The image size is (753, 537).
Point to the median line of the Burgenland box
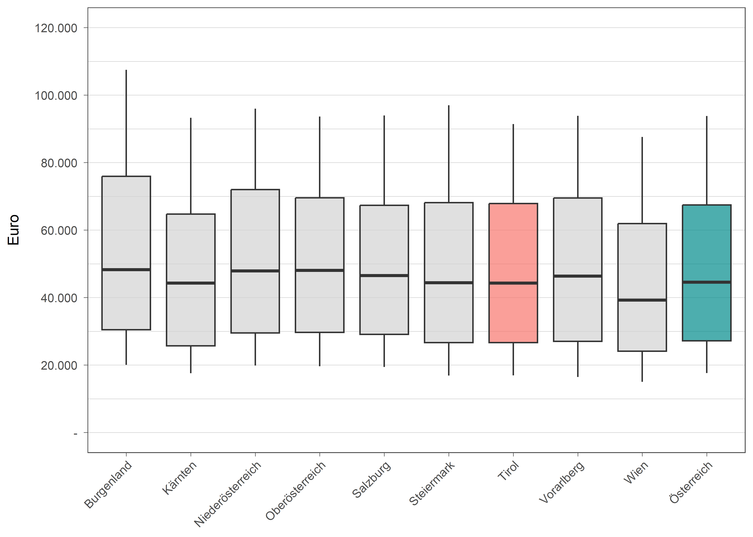(x=126, y=270)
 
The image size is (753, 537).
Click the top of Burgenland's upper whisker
(x=126, y=70)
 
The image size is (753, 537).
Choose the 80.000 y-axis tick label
(x=59, y=163)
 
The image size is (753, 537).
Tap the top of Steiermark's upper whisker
(x=449, y=106)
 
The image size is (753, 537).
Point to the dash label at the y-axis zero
(x=75, y=433)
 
